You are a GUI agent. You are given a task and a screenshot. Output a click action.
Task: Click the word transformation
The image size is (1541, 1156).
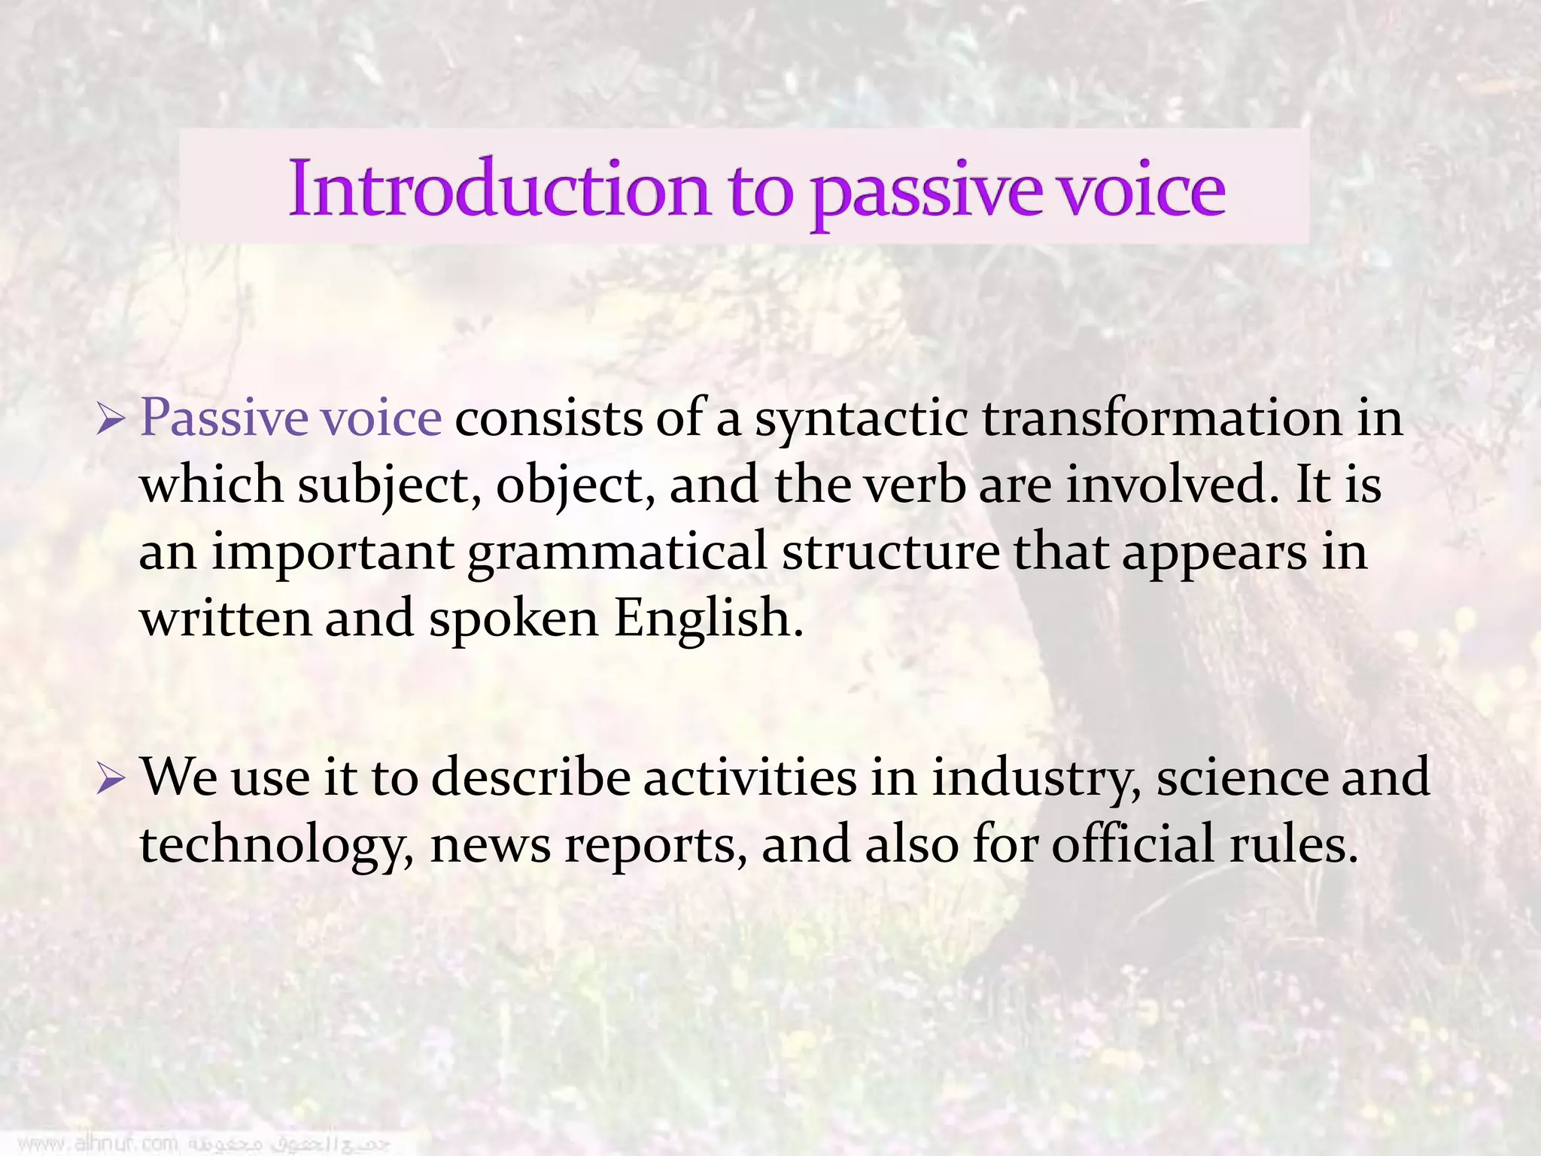[x=1162, y=418]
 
